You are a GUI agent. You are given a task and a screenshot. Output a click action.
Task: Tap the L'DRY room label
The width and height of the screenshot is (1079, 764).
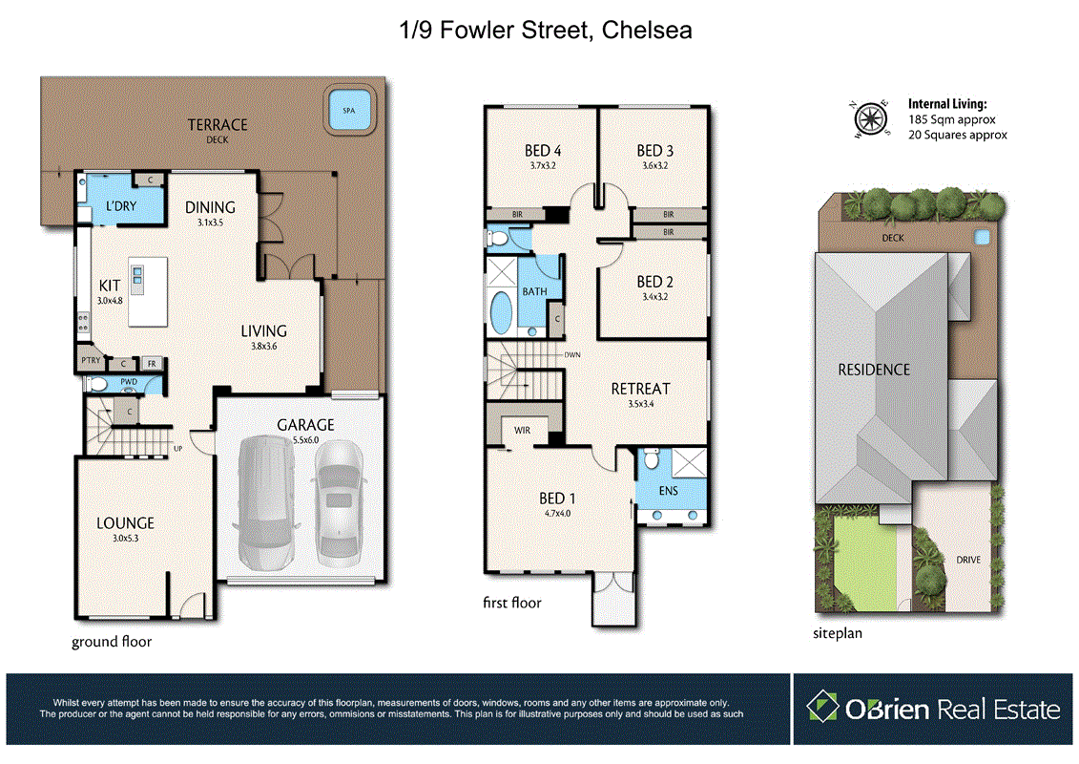[x=121, y=207]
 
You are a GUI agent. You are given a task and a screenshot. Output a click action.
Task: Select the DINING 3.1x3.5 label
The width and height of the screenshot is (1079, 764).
[x=210, y=213]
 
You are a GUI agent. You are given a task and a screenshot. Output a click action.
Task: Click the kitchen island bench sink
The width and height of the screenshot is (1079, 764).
[x=136, y=278]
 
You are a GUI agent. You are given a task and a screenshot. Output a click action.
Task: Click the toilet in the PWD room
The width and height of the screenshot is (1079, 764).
[x=97, y=385]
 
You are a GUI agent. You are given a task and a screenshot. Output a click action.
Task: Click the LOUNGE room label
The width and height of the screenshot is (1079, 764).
[x=125, y=523]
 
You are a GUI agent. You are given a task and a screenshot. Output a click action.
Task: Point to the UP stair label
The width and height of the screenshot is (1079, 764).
[x=176, y=448]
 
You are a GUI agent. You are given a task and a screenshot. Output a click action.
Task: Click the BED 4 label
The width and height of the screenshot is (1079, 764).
[x=543, y=150]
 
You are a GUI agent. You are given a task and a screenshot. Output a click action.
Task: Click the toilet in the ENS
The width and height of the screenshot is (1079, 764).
[x=651, y=459]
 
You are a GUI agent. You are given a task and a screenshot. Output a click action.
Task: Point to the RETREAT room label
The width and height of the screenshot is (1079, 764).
[x=640, y=389]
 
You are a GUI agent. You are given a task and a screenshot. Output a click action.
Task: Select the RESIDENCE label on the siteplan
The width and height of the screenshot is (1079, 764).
[x=874, y=370]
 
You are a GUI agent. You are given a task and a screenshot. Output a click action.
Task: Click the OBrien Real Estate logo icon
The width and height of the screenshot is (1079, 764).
[x=822, y=708]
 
